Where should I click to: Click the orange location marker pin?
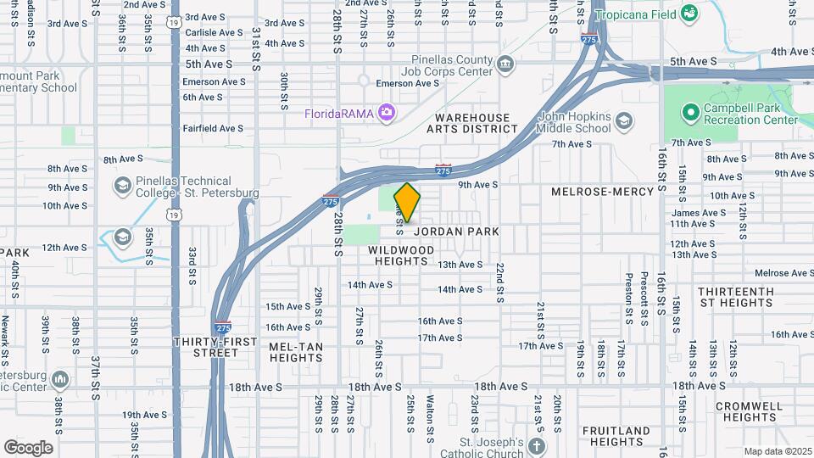coord(408,203)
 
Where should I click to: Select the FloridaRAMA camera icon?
coord(387,112)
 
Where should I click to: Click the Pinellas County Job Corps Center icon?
coord(505,63)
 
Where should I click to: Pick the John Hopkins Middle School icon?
coord(624,121)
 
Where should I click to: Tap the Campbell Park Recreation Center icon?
coord(690,111)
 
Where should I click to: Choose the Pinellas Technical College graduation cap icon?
coord(122,185)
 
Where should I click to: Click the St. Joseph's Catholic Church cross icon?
coord(536,446)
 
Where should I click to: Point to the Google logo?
coord(28,447)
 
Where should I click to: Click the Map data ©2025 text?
coord(777,451)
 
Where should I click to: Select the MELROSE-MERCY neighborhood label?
coord(602,192)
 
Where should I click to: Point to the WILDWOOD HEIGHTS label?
coord(402,256)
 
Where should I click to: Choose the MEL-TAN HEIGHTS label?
coord(296,352)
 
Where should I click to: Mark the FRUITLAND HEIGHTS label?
coord(616,436)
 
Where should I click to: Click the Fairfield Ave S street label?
coord(213,128)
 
